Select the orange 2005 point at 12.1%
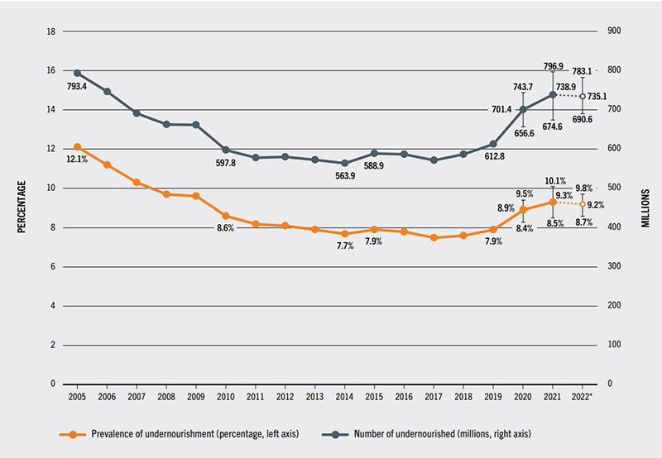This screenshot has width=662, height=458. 77,147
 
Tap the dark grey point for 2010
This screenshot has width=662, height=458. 226,150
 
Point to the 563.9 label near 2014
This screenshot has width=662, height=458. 345,175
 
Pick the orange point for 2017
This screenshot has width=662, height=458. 434,237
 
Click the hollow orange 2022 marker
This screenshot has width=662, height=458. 583,203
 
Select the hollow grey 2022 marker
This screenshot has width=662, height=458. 583,96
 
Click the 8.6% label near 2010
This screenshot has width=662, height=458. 226,227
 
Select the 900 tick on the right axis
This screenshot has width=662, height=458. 616,31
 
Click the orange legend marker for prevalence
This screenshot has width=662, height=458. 72,433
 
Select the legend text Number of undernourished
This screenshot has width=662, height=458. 447,433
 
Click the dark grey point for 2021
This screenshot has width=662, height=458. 553,94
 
